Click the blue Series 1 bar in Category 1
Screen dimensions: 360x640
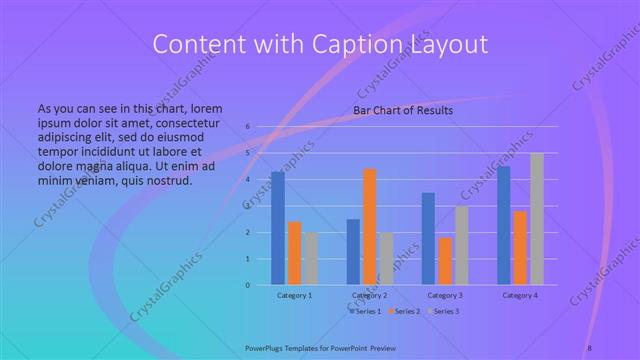277,229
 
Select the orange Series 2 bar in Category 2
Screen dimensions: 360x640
369,227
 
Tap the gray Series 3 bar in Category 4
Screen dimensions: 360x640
537,219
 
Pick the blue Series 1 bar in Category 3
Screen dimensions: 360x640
428,239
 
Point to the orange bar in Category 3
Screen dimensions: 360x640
445,261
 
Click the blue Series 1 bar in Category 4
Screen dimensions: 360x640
504,226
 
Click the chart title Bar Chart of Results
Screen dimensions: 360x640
403,110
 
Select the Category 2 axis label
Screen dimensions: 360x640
370,296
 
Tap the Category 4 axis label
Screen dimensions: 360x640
520,296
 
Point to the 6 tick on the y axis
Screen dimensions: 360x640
247,127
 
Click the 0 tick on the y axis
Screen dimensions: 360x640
247,285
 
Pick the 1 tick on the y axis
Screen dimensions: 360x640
247,259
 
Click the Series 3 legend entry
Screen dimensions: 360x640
445,311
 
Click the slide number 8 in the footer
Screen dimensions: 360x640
590,346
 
